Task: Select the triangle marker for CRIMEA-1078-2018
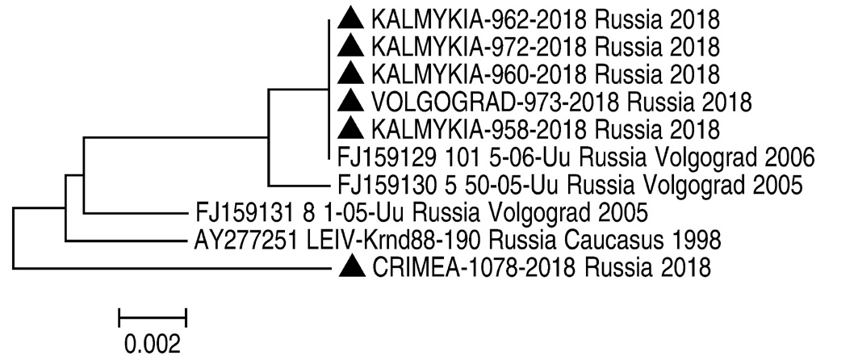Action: [x=349, y=266]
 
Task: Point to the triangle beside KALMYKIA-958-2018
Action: [x=349, y=128]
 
